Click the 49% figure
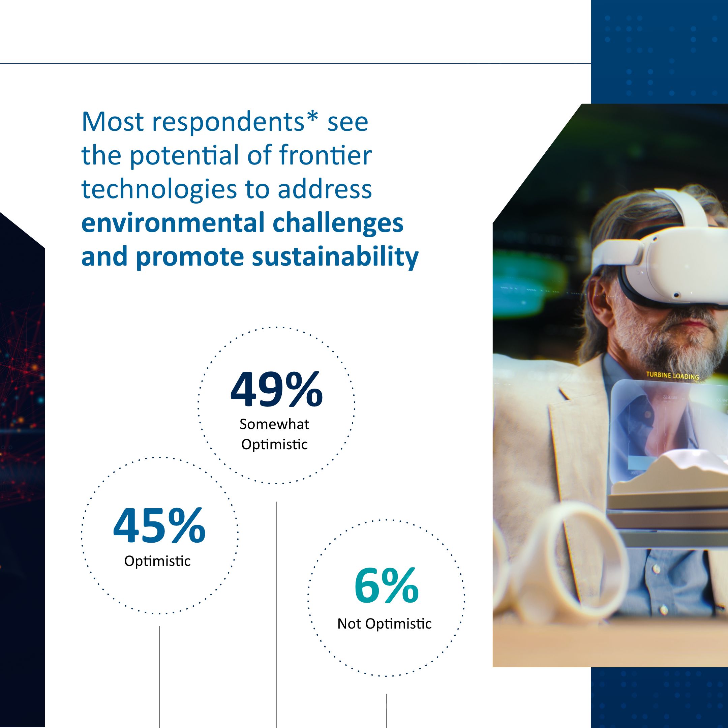(277, 389)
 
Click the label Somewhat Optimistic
(275, 434)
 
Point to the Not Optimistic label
(384, 624)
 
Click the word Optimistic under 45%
(157, 561)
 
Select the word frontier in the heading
(326, 155)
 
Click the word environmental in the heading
(173, 223)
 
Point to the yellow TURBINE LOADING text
(672, 376)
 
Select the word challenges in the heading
(338, 223)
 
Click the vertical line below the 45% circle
(159, 678)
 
